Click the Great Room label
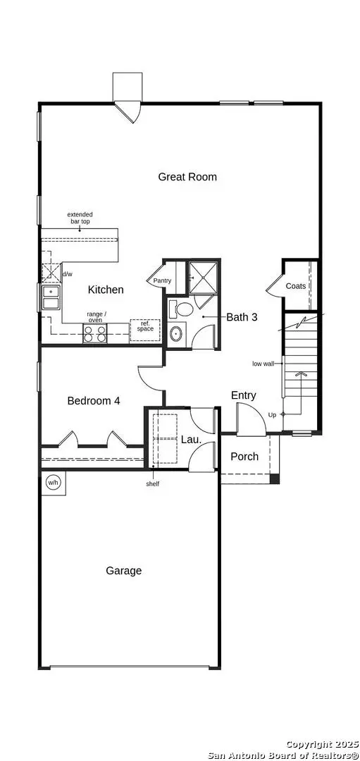tap(187, 177)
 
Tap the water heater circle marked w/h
tap(53, 483)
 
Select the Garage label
tap(124, 571)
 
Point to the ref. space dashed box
tap(145, 330)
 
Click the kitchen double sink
tap(50, 298)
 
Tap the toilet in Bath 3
tap(182, 309)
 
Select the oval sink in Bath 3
tap(176, 334)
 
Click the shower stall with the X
tap(204, 278)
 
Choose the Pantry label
tap(162, 281)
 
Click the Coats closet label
tap(295, 286)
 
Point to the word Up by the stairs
tap(272, 414)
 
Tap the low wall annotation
tap(263, 364)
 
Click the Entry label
tap(244, 395)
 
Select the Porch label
tap(244, 457)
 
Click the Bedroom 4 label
tap(94, 401)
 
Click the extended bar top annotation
tap(80, 218)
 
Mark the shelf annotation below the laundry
tap(152, 484)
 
